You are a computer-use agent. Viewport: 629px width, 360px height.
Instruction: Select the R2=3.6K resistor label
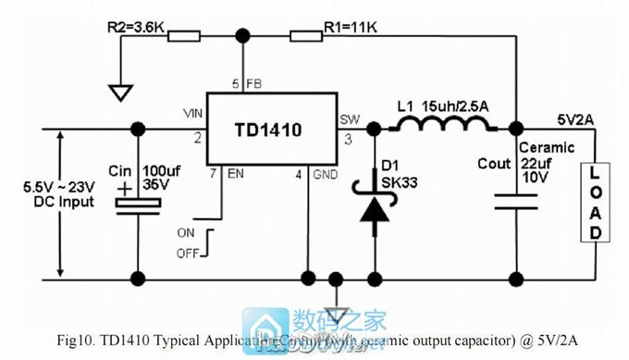click(135, 28)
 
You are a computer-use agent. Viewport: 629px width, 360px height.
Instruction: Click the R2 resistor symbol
click(185, 37)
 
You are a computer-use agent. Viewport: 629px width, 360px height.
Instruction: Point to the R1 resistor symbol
click(305, 37)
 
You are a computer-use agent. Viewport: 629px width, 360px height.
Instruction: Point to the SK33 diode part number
click(399, 180)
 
